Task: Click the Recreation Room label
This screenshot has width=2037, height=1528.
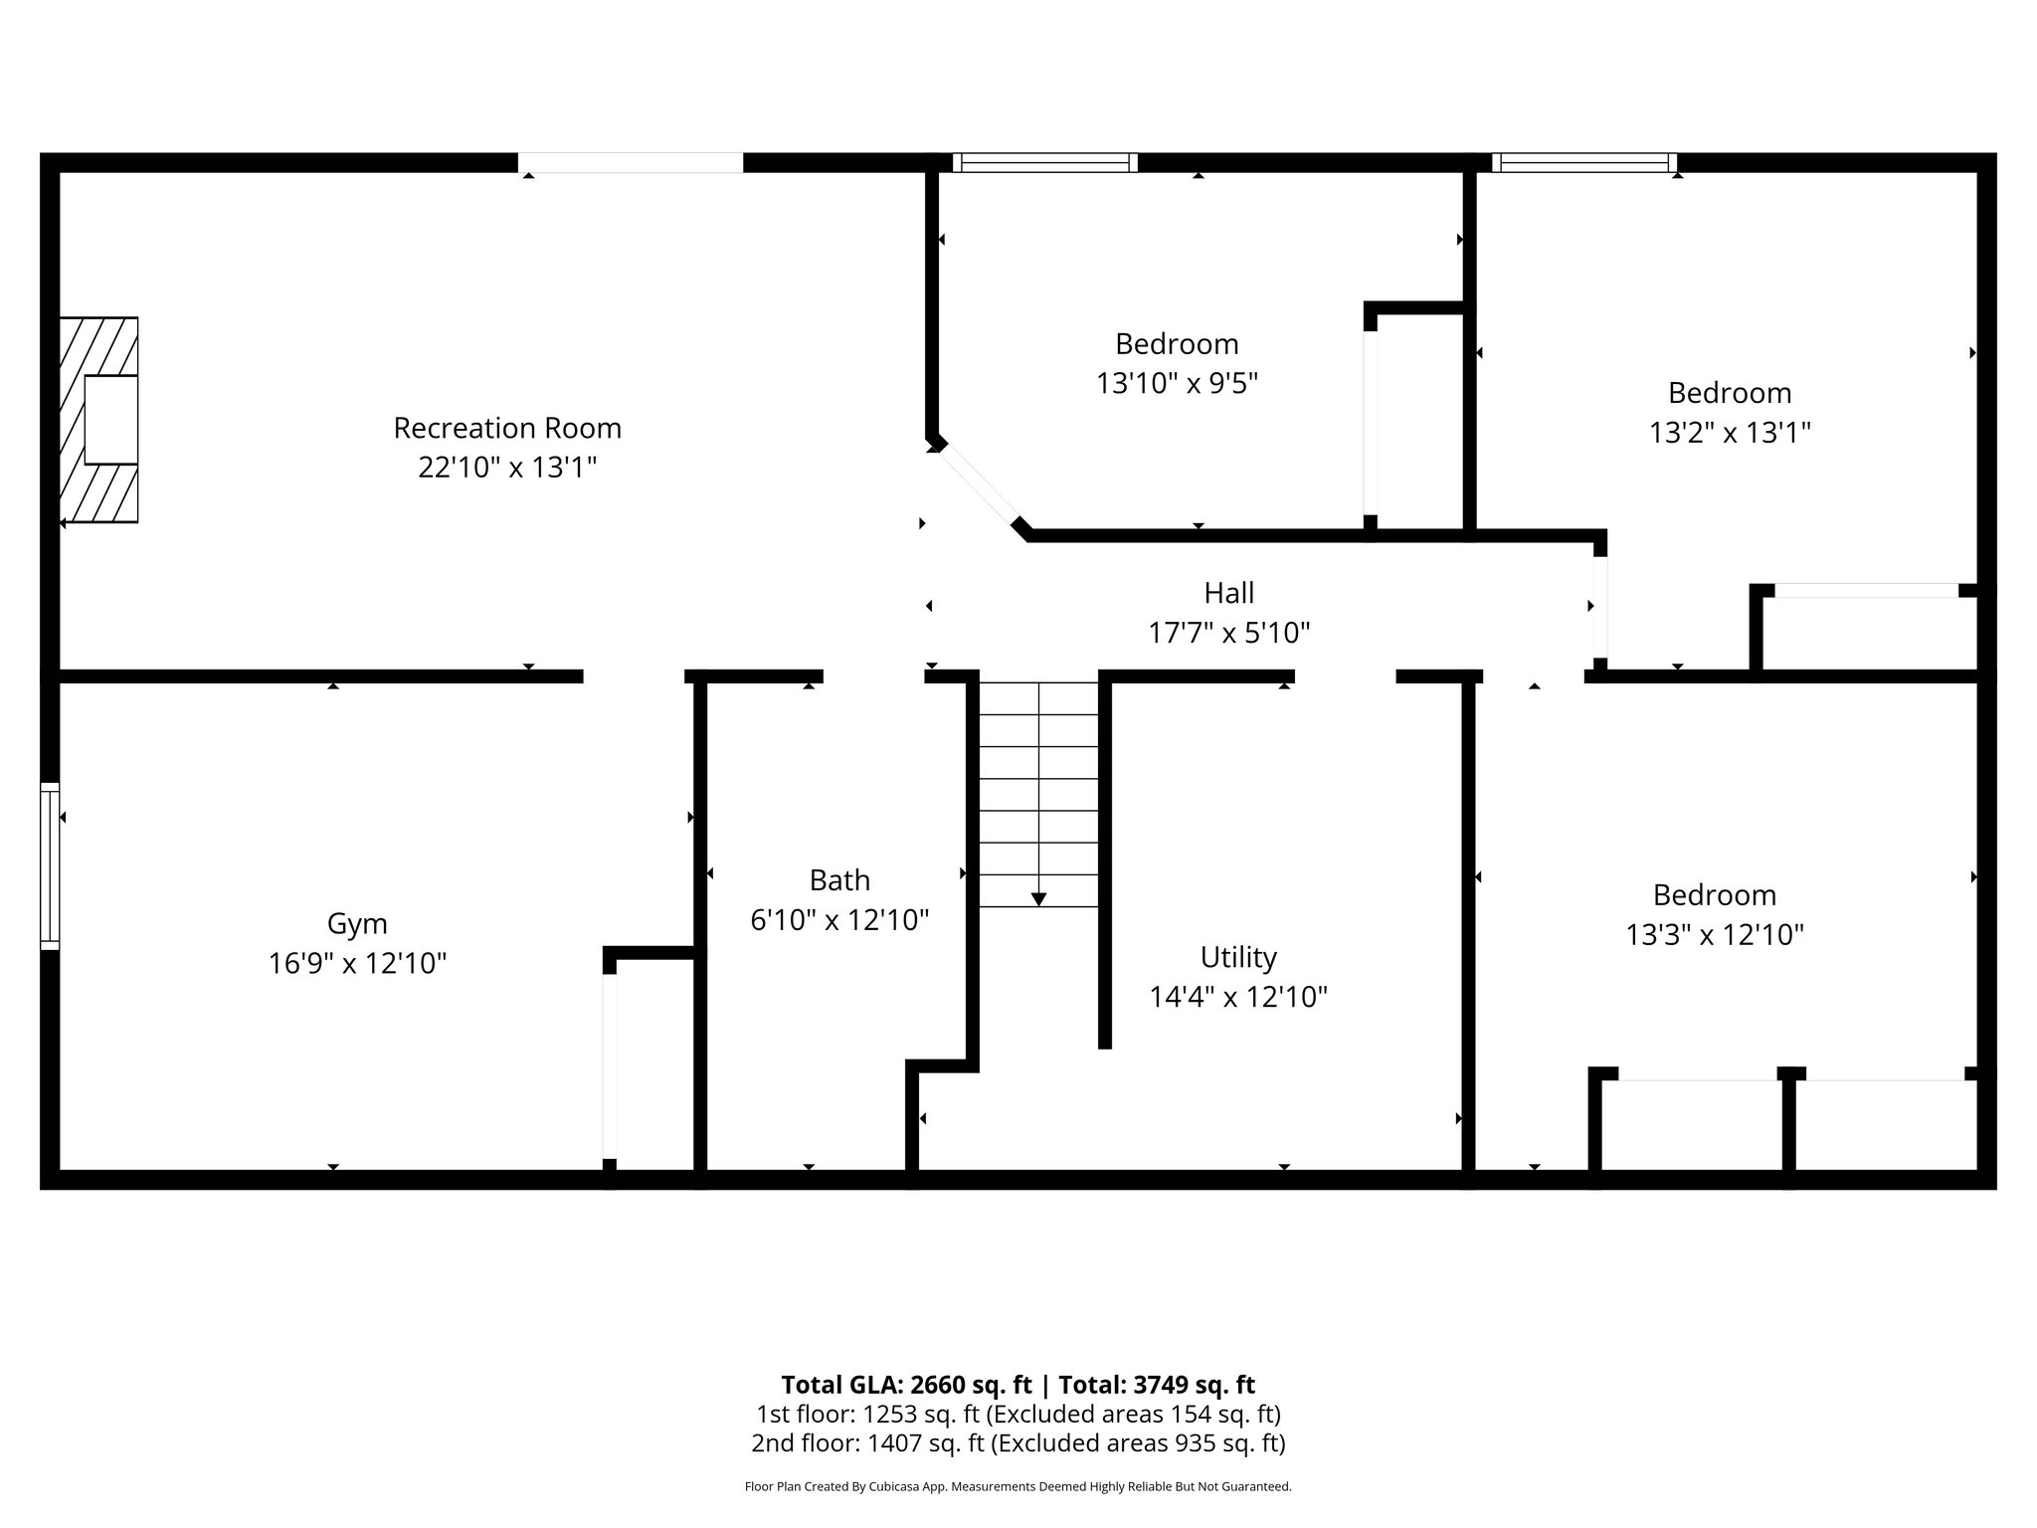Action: click(x=507, y=428)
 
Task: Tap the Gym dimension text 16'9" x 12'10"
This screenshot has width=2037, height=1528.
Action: click(x=357, y=963)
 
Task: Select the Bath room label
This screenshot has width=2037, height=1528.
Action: click(x=839, y=880)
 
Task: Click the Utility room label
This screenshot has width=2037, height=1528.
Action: click(x=1238, y=957)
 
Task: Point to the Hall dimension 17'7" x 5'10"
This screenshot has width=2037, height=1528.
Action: click(x=1229, y=633)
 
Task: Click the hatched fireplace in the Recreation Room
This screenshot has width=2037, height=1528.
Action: click(x=98, y=420)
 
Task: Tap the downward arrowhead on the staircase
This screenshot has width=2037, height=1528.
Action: click(x=1038, y=899)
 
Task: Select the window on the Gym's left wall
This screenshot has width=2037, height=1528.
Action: click(x=50, y=865)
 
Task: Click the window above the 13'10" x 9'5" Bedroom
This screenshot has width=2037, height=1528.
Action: click(x=1044, y=163)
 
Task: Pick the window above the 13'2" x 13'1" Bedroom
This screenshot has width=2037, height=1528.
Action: click(x=1584, y=163)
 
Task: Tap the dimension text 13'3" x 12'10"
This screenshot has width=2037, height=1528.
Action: click(x=1715, y=935)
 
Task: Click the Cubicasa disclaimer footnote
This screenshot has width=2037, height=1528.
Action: click(x=1018, y=1486)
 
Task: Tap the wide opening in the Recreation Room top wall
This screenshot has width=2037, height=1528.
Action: click(x=630, y=163)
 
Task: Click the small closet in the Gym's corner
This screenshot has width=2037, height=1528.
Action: click(x=652, y=1064)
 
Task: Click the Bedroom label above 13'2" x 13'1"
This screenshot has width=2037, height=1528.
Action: click(x=1730, y=393)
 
